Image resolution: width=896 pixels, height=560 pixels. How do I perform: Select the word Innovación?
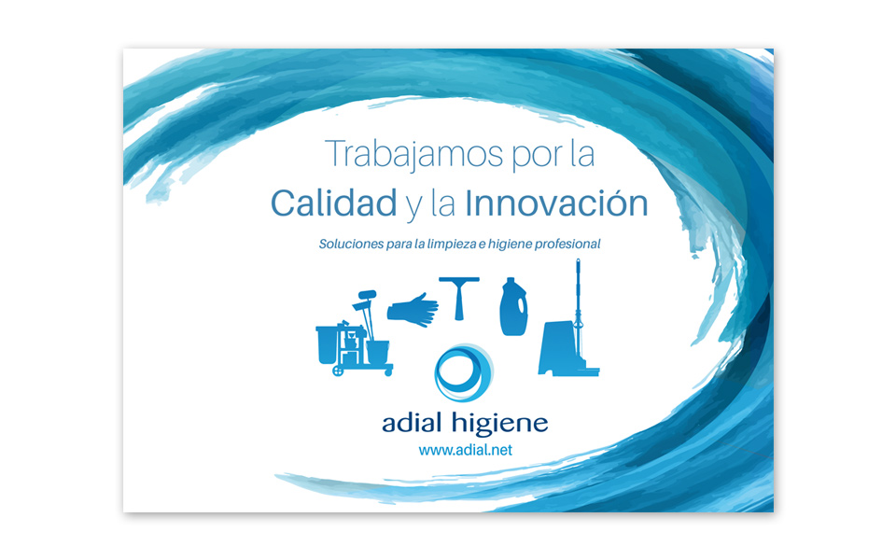[555, 203]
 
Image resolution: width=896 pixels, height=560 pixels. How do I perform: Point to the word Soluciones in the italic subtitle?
[351, 244]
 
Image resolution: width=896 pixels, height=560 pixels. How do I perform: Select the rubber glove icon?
[413, 310]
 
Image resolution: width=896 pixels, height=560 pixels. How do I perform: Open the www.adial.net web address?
[465, 450]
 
